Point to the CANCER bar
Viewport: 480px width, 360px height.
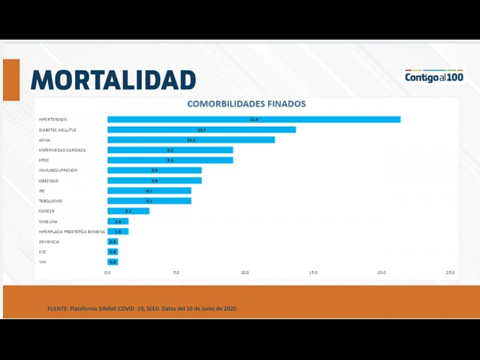[x=128, y=211]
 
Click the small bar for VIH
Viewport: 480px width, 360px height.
[x=113, y=262]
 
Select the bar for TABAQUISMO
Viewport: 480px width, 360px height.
[x=149, y=200]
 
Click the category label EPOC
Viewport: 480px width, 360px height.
[x=44, y=160]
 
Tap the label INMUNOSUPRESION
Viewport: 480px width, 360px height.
[x=58, y=170]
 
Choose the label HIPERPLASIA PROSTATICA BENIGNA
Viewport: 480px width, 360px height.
[x=71, y=232]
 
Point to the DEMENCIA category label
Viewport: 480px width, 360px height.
[x=49, y=242]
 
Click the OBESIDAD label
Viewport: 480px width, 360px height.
[x=49, y=181]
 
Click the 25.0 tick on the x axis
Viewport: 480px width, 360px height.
[x=450, y=272]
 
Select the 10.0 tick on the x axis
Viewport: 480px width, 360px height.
[x=245, y=272]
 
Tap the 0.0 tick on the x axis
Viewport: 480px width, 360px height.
[x=108, y=272]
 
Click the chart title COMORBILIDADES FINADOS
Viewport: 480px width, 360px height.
[x=247, y=104]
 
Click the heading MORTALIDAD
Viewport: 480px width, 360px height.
[x=113, y=80]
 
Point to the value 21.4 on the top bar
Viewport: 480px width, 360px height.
[x=254, y=119]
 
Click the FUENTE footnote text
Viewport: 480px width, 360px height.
[x=142, y=308]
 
